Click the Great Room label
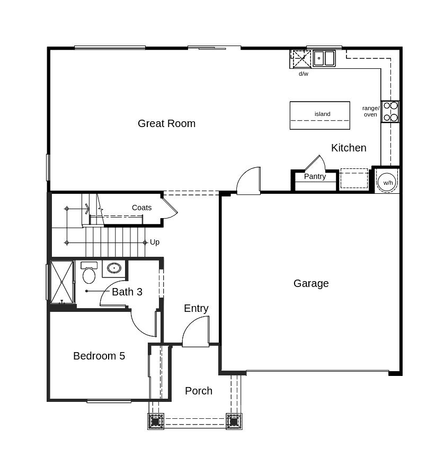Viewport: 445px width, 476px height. (166, 123)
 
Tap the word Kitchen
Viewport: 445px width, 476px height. (349, 148)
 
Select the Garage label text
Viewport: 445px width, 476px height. (311, 283)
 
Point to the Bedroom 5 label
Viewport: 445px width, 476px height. (99, 356)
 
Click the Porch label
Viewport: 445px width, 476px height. (199, 391)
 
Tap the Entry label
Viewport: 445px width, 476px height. (196, 309)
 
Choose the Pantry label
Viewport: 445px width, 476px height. (315, 176)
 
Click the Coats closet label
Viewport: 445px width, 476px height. (142, 208)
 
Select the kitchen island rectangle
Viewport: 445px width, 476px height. (320, 115)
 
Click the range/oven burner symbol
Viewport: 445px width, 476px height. (390, 112)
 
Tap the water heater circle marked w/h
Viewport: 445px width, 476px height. (387, 183)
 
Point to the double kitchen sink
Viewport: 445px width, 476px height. (324, 58)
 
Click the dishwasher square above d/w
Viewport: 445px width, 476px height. (301, 59)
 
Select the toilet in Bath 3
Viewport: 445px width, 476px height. (89, 272)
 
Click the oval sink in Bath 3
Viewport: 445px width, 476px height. (114, 268)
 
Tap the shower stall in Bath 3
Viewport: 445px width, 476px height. (61, 282)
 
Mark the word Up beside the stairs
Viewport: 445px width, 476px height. (155, 243)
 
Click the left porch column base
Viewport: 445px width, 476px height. (156, 421)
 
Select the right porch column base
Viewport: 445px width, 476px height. (234, 421)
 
